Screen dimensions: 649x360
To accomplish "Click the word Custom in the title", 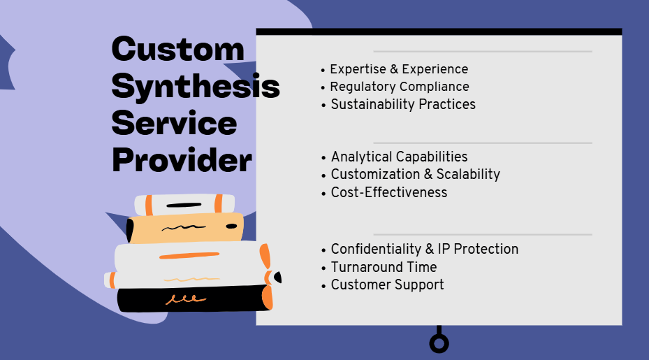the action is coord(178,50).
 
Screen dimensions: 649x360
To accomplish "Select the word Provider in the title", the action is coord(182,160).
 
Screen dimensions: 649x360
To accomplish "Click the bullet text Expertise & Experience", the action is coord(399,69).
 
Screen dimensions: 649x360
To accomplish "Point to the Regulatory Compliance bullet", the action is coord(400,87).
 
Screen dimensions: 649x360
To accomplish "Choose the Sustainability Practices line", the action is coord(403,104).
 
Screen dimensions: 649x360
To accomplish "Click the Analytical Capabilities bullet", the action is coord(399,157).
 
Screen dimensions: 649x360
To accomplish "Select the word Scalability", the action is coord(468,174).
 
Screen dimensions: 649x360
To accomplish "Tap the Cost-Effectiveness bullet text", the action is coord(389,192).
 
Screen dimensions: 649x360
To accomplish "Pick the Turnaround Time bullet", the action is coord(384,267).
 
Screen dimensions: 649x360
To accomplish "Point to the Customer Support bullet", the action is coord(388,285).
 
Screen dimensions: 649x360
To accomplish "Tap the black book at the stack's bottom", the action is coord(194,298).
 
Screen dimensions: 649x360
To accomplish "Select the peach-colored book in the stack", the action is coord(185,227).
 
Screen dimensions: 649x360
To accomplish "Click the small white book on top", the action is coord(184,205).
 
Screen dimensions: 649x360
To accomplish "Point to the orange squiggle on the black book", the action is coord(185,299).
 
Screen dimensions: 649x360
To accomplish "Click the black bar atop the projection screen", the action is coord(439,32).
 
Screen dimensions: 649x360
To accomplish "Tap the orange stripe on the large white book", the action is coord(189,256).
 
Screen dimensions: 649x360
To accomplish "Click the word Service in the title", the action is coord(174,124).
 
